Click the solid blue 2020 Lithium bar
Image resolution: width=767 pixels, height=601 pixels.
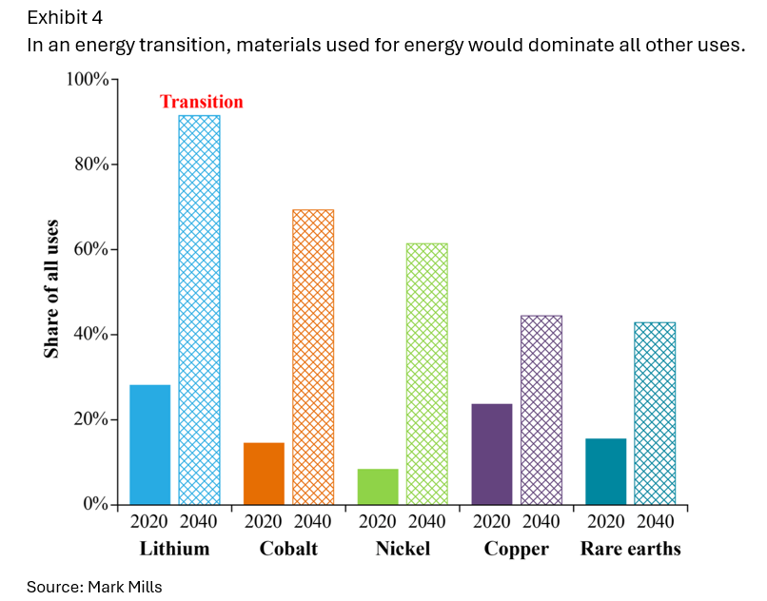[x=149, y=444]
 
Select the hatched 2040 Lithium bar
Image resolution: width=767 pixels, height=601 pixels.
[x=199, y=309]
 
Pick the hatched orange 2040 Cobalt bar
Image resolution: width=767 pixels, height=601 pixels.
[x=313, y=357]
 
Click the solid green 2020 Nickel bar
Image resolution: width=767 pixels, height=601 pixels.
[x=378, y=486]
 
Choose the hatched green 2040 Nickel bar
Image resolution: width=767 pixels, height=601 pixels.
[x=426, y=374]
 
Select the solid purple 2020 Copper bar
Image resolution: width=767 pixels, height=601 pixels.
[x=492, y=454]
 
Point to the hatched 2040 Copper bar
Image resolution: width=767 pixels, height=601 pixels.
[x=541, y=410]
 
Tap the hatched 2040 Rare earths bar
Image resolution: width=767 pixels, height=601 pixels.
[x=655, y=413]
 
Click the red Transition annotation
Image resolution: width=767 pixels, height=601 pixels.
[x=201, y=102]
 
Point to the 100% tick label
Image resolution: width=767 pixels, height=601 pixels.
[x=87, y=79]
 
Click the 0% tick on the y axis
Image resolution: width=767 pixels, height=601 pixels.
[x=95, y=504]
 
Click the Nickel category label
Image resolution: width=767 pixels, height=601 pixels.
[x=402, y=550]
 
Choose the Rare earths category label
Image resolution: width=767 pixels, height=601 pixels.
[x=630, y=550]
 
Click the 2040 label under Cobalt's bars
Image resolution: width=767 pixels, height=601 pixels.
[x=312, y=522]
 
